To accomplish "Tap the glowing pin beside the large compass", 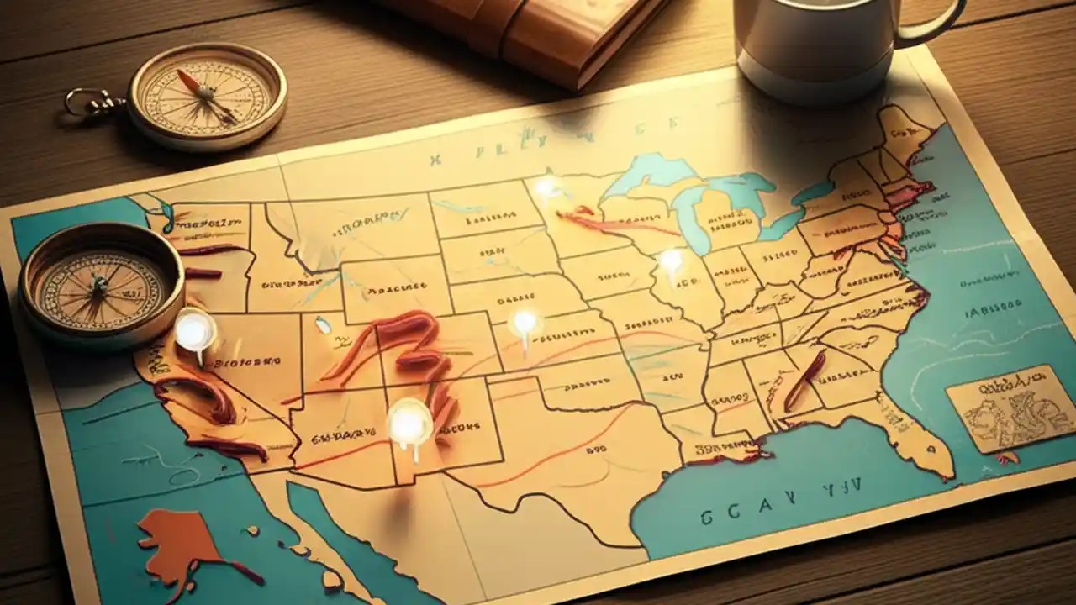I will click(194, 330).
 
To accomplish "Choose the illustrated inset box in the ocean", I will click(1009, 408).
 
